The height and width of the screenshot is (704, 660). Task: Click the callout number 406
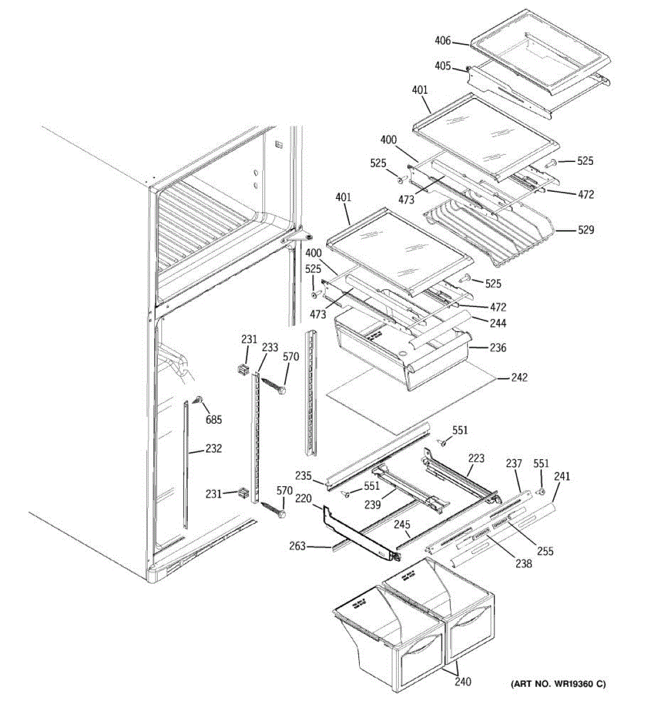pyautogui.click(x=443, y=41)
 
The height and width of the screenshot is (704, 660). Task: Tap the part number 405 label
pyautogui.click(x=443, y=66)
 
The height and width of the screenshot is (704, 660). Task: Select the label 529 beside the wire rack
pyautogui.click(x=585, y=230)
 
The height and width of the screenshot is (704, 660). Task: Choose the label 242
pyautogui.click(x=519, y=378)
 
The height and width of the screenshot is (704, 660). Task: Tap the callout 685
pyautogui.click(x=214, y=420)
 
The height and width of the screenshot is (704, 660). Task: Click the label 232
pyautogui.click(x=214, y=449)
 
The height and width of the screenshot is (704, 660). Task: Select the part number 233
pyautogui.click(x=270, y=348)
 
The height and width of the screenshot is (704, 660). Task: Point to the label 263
pyautogui.click(x=297, y=546)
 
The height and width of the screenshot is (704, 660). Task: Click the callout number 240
pyautogui.click(x=462, y=682)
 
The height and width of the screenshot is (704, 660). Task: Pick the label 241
pyautogui.click(x=561, y=477)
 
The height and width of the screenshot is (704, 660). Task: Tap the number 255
pyautogui.click(x=544, y=551)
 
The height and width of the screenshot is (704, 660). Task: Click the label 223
pyautogui.click(x=476, y=458)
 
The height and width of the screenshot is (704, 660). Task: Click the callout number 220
pyautogui.click(x=303, y=499)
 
